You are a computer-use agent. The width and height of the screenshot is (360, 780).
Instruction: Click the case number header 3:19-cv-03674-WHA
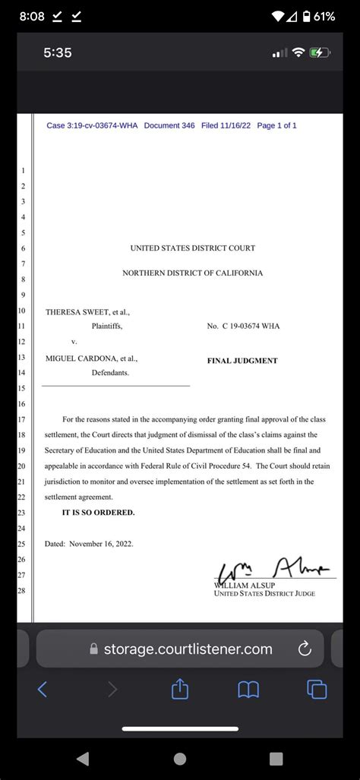92,125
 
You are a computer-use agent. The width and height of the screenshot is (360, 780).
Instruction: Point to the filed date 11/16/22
235,125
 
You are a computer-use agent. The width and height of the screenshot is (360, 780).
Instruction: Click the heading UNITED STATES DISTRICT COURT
193,248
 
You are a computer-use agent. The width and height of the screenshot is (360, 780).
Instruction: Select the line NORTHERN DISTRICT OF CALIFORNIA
193,273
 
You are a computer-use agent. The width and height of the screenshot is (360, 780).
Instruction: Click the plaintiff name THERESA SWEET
77,311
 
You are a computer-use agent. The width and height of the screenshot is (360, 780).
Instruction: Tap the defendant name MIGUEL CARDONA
81,358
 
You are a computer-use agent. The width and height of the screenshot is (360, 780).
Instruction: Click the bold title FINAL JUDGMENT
242,361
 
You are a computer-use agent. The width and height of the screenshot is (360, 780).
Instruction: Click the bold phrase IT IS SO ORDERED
98,513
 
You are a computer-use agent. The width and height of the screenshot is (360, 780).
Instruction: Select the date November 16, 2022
104,545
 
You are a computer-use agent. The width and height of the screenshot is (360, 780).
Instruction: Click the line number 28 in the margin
22,590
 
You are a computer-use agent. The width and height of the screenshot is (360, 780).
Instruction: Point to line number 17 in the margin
22,419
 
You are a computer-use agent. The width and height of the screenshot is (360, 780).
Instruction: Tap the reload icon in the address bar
305,649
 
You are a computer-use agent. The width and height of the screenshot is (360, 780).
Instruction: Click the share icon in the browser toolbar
179,689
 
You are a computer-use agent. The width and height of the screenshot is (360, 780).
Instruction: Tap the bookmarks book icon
248,689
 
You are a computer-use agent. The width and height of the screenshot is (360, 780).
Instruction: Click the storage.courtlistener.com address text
188,649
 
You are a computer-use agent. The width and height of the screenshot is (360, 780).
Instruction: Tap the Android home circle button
180,758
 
